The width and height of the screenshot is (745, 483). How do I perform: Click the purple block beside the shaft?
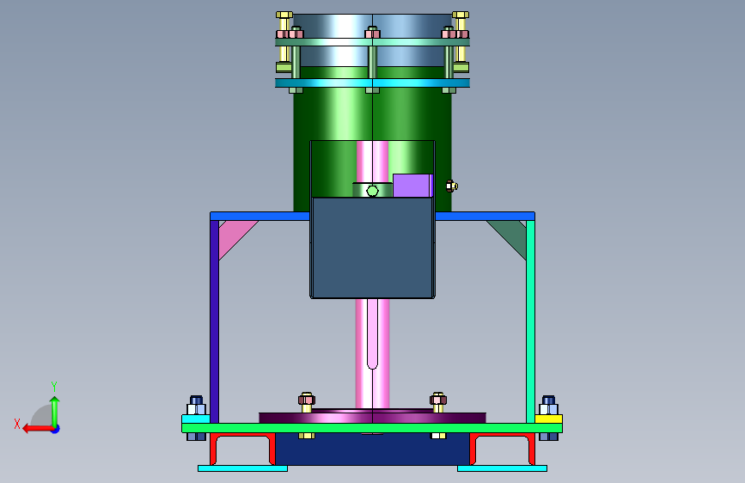412,186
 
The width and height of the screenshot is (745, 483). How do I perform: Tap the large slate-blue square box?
373,248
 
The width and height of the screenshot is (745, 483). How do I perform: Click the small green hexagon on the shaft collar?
373,191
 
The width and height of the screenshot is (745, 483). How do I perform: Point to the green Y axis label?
54,386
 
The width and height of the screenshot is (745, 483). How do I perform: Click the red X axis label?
17,424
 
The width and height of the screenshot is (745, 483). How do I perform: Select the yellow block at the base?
549,419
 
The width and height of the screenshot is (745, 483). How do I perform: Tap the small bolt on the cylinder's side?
451,186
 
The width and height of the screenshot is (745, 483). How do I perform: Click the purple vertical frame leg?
214,321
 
